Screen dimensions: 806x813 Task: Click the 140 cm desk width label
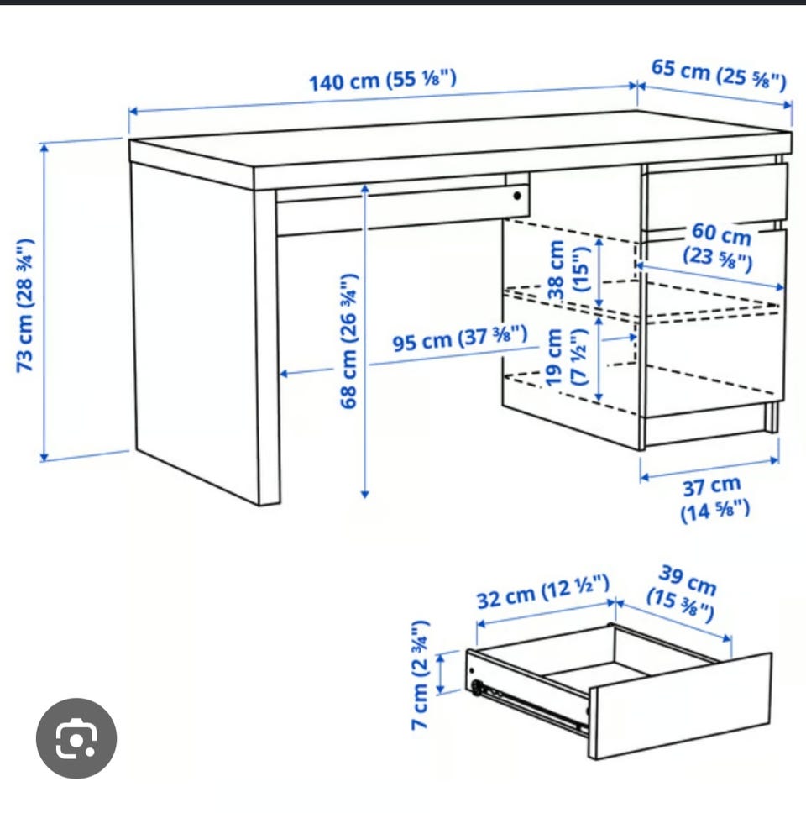click(383, 81)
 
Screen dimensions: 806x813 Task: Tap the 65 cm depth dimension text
click(719, 74)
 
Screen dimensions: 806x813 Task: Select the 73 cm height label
click(25, 305)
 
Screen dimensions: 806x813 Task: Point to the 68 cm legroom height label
click(348, 341)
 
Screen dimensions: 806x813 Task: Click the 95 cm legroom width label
click(460, 338)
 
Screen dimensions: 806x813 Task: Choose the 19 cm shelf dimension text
click(567, 357)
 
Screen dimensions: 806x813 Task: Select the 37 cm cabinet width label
click(714, 498)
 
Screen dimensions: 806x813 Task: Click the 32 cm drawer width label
click(542, 592)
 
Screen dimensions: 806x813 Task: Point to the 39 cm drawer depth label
click(682, 592)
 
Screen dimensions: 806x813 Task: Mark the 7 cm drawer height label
click(420, 675)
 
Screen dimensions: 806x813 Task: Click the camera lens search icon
click(76, 738)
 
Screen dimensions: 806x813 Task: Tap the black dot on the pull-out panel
click(517, 196)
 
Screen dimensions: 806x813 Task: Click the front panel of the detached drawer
click(679, 705)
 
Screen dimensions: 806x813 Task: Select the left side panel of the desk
click(196, 332)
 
